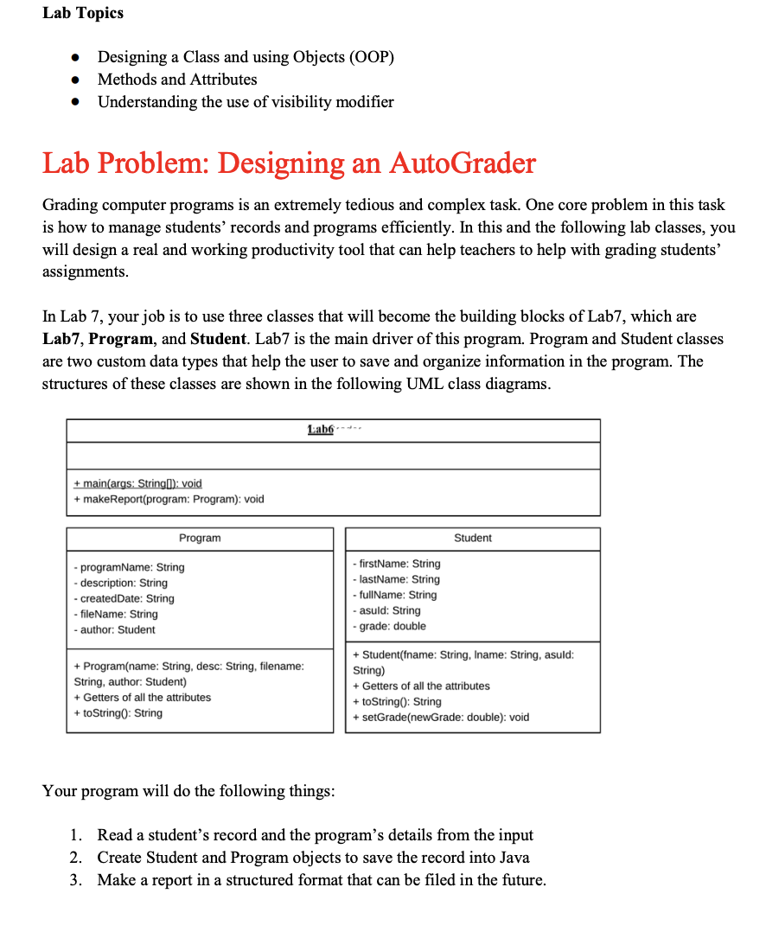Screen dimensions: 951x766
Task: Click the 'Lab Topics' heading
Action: pyautogui.click(x=83, y=13)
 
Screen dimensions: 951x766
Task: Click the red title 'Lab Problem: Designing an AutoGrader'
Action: pyautogui.click(x=289, y=163)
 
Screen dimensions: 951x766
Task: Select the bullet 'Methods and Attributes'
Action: pyautogui.click(x=177, y=80)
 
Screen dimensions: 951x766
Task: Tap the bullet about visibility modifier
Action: pyautogui.click(x=246, y=102)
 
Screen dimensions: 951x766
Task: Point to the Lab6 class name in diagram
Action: pyautogui.click(x=321, y=431)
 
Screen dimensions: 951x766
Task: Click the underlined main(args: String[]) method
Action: pyautogui.click(x=137, y=483)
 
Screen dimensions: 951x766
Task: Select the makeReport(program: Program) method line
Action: pyautogui.click(x=169, y=499)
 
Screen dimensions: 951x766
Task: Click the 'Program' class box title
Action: pyautogui.click(x=200, y=538)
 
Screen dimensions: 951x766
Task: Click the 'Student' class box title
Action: pyautogui.click(x=472, y=538)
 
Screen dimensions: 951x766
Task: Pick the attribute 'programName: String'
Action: pyautogui.click(x=129, y=567)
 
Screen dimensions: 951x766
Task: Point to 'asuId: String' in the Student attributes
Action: pyautogui.click(x=386, y=610)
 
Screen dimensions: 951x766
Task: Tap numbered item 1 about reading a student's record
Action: pyautogui.click(x=315, y=835)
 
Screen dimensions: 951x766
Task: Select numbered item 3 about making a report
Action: pyautogui.click(x=321, y=880)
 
